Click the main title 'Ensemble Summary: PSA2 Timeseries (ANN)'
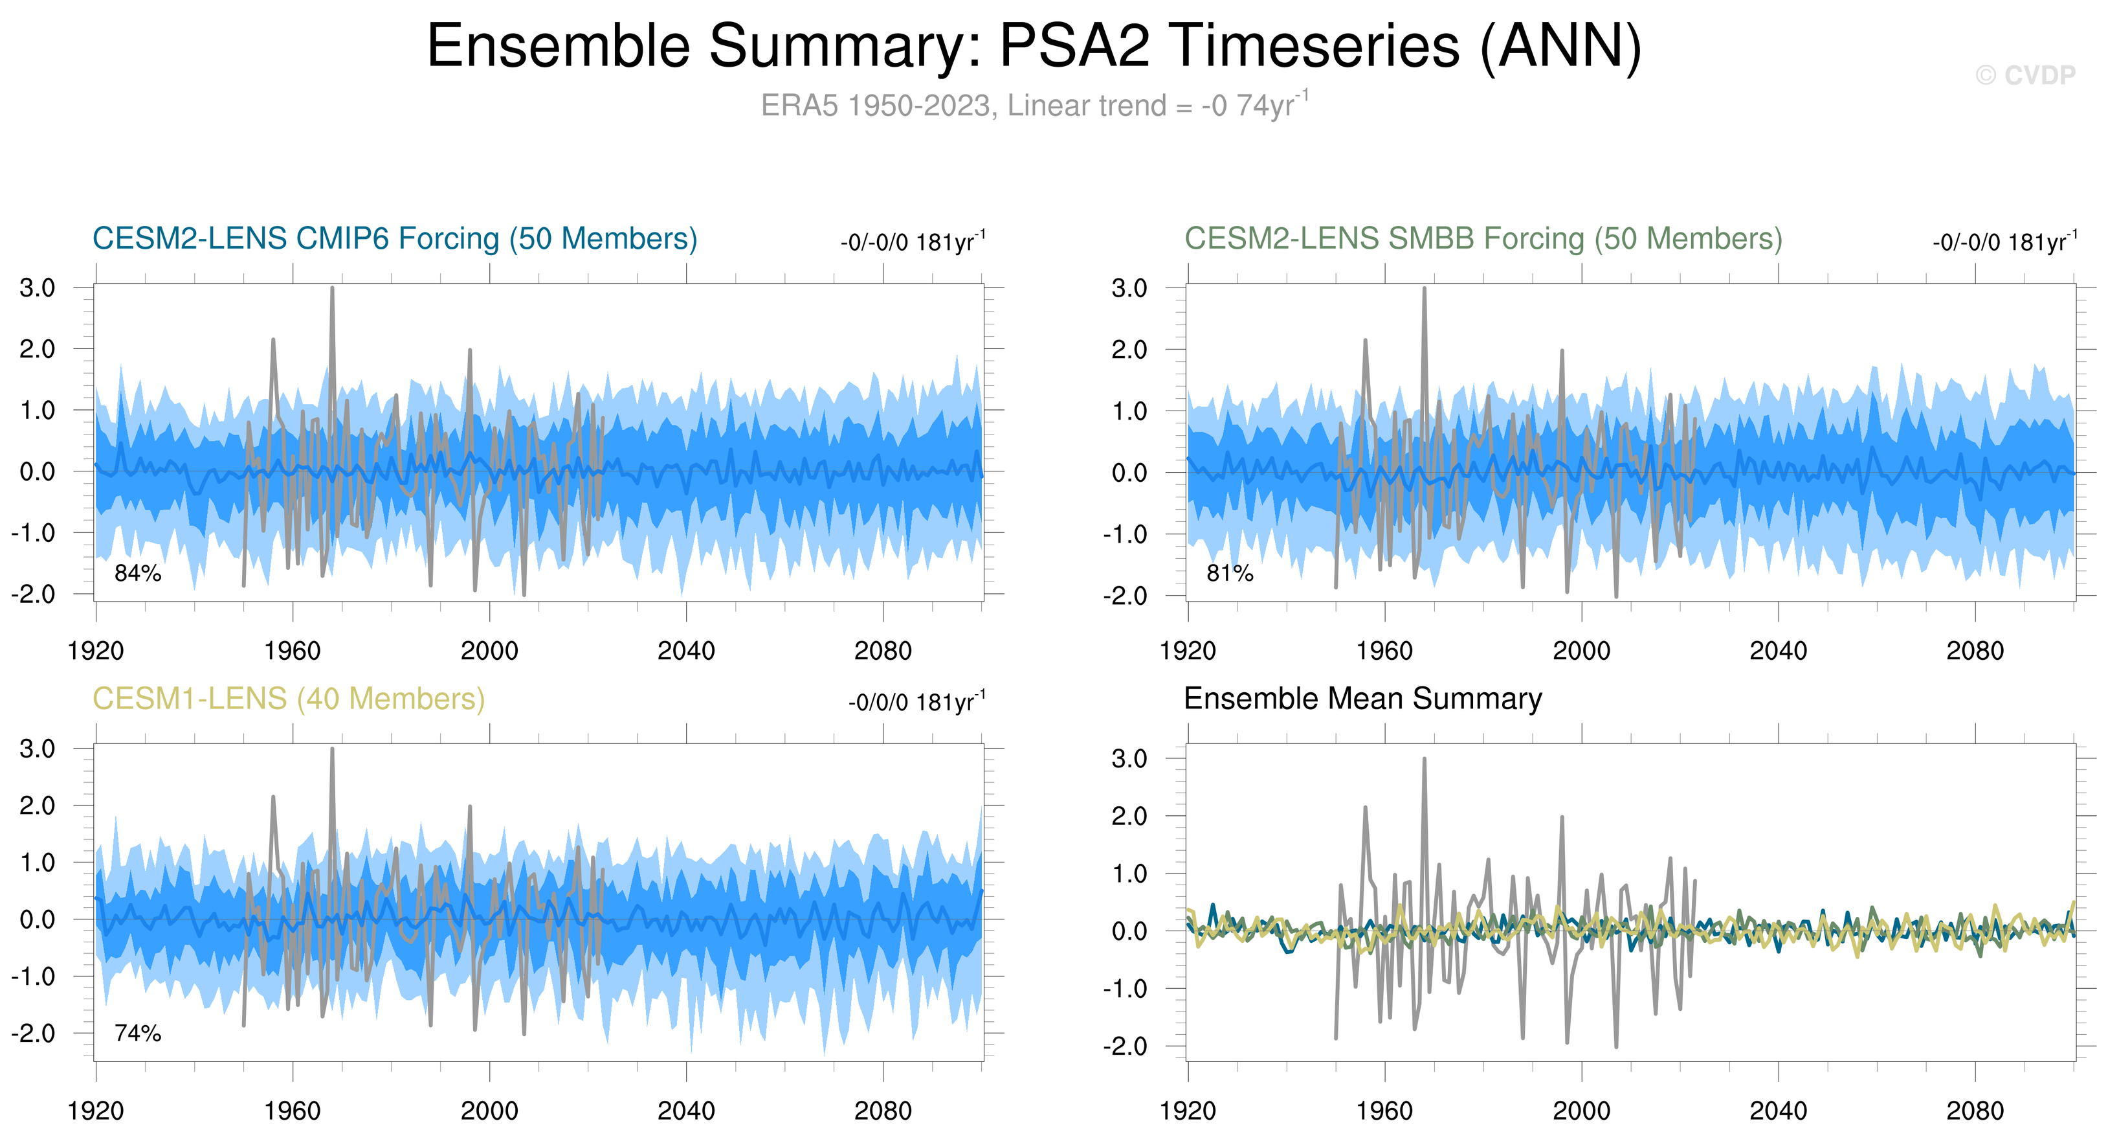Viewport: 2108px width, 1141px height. tap(1034, 46)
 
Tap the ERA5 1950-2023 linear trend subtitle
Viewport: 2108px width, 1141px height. tap(1034, 106)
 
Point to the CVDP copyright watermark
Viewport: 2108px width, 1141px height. tap(2025, 75)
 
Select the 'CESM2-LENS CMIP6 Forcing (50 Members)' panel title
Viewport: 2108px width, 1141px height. tap(394, 238)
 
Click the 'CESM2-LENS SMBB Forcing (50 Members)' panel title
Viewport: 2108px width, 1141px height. tap(1483, 238)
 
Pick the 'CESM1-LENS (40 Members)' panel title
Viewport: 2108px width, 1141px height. tap(288, 698)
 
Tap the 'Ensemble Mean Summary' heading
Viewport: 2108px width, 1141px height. tap(1362, 698)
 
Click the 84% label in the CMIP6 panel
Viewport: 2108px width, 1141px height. tap(137, 573)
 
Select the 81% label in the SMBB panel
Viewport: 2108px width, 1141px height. tap(1230, 573)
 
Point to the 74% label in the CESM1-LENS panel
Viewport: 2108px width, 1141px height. tap(137, 1033)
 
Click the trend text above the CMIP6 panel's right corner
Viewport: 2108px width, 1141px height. tap(913, 242)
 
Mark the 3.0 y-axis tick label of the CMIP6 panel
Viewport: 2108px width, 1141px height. tap(38, 288)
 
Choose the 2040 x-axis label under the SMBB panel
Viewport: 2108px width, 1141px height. tap(1777, 651)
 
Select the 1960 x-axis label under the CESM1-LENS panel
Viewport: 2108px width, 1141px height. tap(292, 1111)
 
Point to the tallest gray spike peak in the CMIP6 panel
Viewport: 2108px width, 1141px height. tap(332, 289)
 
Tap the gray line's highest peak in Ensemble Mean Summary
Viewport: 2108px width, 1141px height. tap(1424, 760)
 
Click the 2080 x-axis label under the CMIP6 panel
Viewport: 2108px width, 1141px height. tap(882, 651)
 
